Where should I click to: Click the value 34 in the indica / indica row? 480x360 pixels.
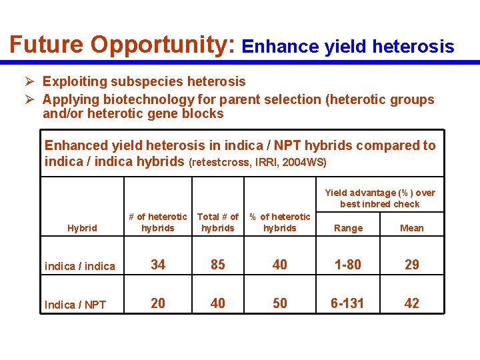[x=158, y=265]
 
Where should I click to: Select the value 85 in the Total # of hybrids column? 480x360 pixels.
[x=218, y=265]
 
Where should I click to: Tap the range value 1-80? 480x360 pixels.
[x=348, y=265]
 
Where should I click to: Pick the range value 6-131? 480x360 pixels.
[x=348, y=303]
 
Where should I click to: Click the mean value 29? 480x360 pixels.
[x=412, y=265]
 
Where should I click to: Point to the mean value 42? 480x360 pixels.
[x=412, y=303]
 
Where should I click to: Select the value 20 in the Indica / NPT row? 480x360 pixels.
[x=158, y=303]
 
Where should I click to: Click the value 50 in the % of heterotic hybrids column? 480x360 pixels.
[x=280, y=303]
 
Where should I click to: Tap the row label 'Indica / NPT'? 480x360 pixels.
[x=75, y=305]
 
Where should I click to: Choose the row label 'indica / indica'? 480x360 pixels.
[x=80, y=266]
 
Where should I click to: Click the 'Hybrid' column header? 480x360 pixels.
[x=82, y=228]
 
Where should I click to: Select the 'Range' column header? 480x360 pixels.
[x=348, y=228]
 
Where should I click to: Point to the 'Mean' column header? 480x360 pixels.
[x=411, y=228]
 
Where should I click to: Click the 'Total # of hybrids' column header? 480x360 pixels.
[x=218, y=222]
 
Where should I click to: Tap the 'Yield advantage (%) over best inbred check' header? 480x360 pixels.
[x=379, y=198]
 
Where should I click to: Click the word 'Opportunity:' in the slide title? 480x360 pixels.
[x=163, y=45]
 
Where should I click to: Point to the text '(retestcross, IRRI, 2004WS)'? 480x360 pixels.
[x=258, y=162]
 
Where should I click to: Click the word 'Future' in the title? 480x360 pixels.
[x=47, y=45]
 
